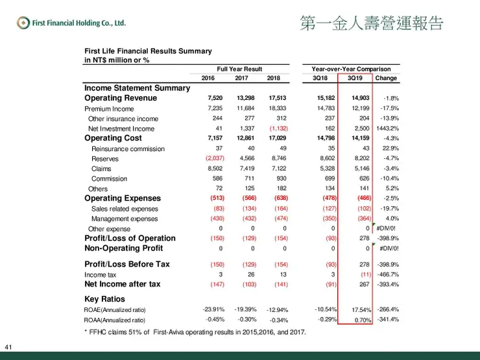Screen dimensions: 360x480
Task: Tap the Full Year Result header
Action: pyautogui.click(x=239, y=68)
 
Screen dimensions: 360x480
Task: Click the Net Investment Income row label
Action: pyautogui.click(x=121, y=129)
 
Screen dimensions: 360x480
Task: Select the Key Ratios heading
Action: pyautogui.click(x=105, y=299)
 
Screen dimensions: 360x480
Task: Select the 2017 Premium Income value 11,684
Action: pyautogui.click(x=242, y=109)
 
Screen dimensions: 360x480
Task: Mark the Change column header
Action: pyautogui.click(x=387, y=78)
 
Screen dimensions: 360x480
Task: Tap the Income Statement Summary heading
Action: pyautogui.click(x=138, y=88)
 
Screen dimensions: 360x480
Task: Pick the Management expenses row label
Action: pyautogui.click(x=125, y=219)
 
